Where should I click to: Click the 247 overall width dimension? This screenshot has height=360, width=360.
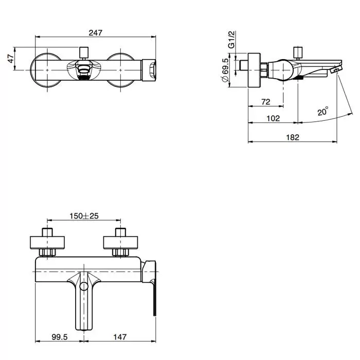pyautogui.click(x=96, y=32)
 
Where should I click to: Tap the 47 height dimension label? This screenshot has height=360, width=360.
pyautogui.click(x=11, y=59)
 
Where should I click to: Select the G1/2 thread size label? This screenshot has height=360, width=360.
pyautogui.click(x=231, y=40)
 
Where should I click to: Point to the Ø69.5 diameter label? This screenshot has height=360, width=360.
pyautogui.click(x=225, y=70)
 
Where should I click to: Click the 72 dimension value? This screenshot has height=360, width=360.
pyautogui.click(x=266, y=101)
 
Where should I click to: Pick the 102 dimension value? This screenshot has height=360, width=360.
pyautogui.click(x=273, y=118)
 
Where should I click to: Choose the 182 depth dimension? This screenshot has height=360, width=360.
pyautogui.click(x=293, y=137)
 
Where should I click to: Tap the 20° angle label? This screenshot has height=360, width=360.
pyautogui.click(x=323, y=111)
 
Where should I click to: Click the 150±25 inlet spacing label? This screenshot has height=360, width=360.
pyautogui.click(x=84, y=216)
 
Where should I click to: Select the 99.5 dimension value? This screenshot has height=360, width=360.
pyautogui.click(x=60, y=337)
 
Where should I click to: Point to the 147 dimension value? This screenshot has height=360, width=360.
pyautogui.click(x=120, y=337)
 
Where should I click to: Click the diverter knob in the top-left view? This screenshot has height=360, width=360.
pyautogui.click(x=83, y=52)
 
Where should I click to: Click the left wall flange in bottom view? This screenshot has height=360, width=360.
pyautogui.click(x=47, y=242)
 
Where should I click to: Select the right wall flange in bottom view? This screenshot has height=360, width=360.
pyautogui.click(x=120, y=242)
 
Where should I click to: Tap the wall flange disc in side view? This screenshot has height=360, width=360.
pyautogui.click(x=254, y=70)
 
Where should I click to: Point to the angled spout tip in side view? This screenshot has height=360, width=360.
pyautogui.click(x=336, y=69)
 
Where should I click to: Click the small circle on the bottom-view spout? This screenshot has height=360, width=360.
pyautogui.click(x=84, y=286)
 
